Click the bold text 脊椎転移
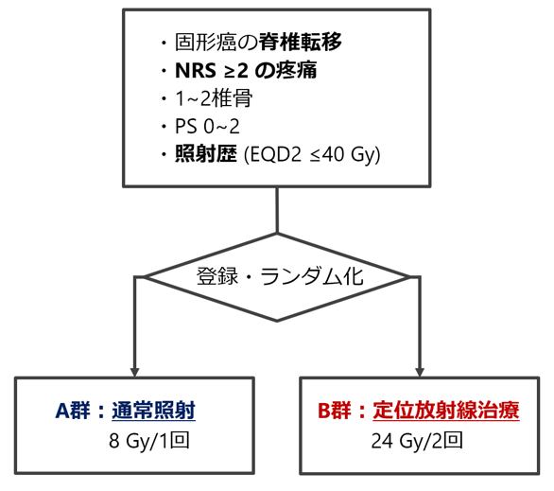301,42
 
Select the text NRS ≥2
211,70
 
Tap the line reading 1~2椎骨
214,98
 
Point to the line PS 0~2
207,126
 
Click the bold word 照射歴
206,154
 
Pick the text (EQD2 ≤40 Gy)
312,155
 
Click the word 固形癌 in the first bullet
206,42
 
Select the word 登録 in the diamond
217,276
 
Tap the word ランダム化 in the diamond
312,276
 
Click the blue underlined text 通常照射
154,411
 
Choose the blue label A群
73,411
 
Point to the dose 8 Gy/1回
149,441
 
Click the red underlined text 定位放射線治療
446,411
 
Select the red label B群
335,411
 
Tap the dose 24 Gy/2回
417,441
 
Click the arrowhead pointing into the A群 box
134,372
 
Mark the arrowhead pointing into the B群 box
420,372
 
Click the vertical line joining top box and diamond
277,210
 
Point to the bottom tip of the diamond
277,321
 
